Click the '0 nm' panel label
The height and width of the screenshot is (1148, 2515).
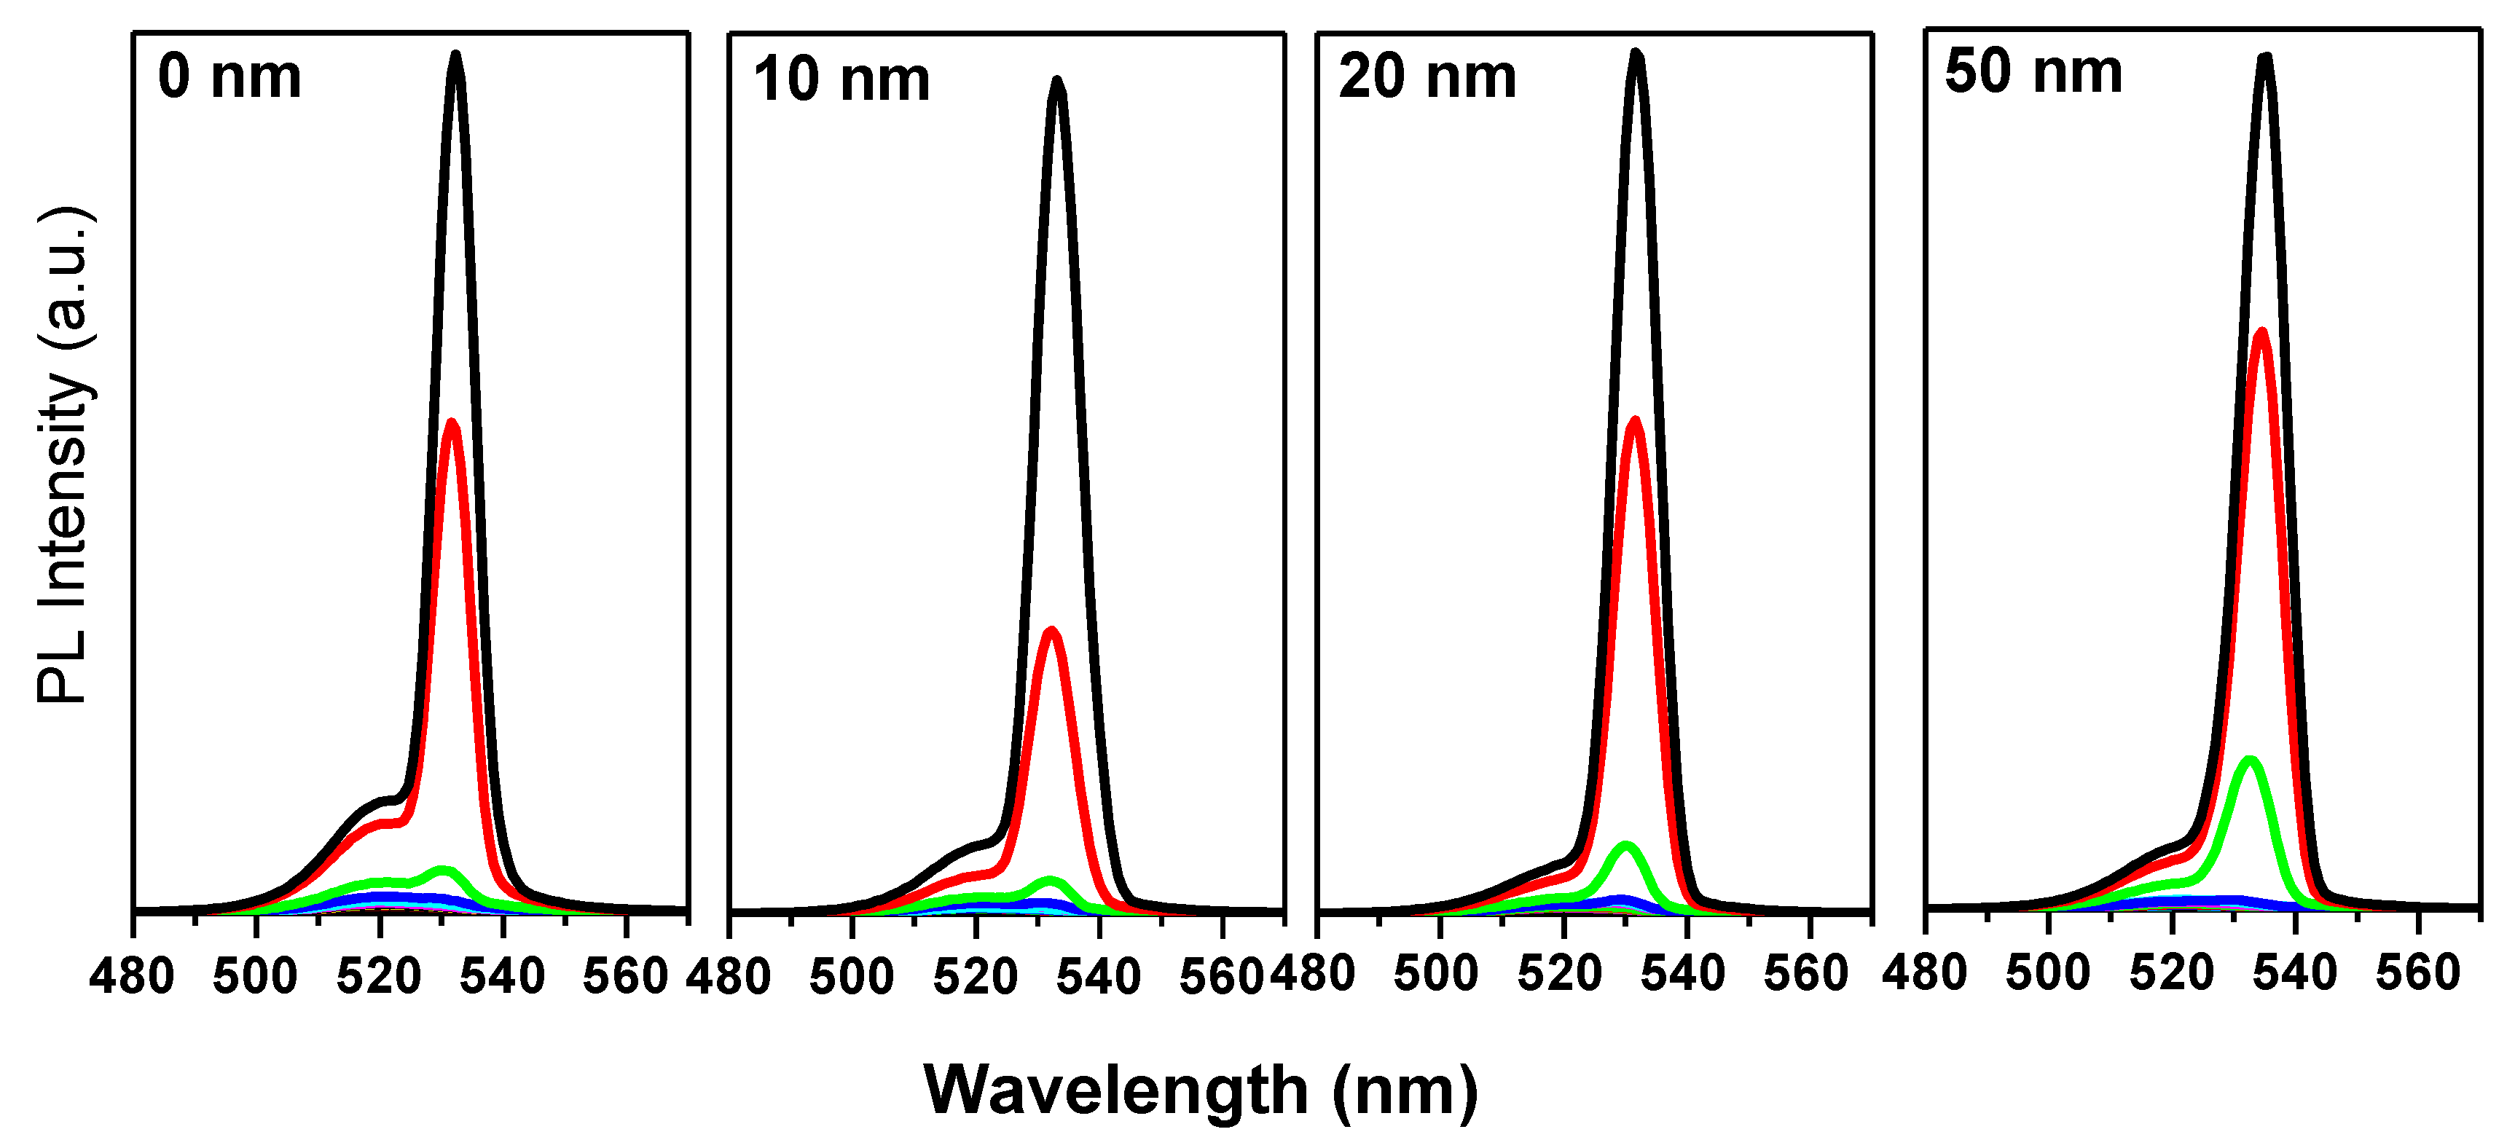pos(229,77)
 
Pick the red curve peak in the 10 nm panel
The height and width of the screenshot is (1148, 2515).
pos(1051,632)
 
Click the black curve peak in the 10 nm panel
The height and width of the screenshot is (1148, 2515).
pos(1057,82)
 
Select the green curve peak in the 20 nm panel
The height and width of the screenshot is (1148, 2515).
pos(1625,846)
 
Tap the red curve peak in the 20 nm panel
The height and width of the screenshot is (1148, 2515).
pos(1634,422)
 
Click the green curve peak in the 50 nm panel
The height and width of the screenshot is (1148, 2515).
pos(2250,760)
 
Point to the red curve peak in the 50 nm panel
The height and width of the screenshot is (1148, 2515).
pos(2261,334)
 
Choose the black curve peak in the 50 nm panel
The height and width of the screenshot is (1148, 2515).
pos(2265,58)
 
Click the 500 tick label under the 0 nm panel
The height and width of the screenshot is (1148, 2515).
pos(255,976)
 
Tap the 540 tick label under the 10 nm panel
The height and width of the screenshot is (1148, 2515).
pos(1099,977)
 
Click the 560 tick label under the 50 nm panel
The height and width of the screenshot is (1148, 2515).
pos(2417,973)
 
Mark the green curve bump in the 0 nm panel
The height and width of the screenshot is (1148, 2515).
pos(442,869)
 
